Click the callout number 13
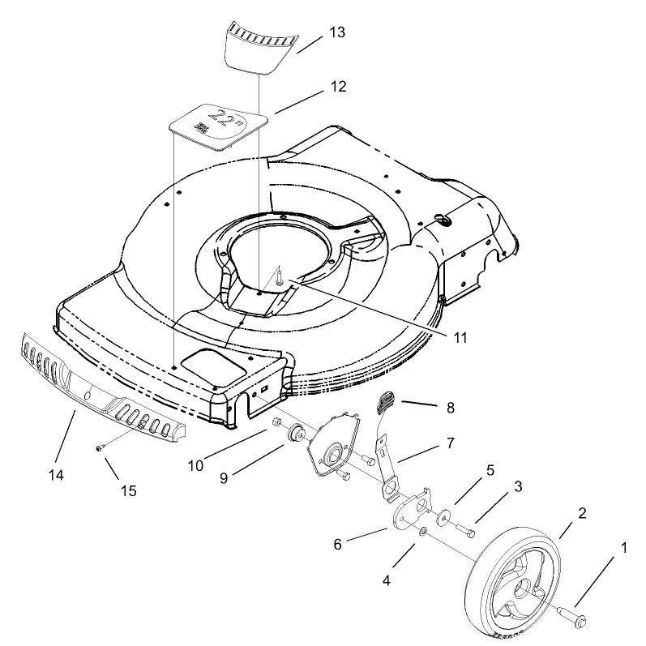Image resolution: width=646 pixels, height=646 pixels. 338,32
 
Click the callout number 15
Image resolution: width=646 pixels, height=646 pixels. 128,491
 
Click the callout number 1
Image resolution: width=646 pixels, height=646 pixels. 622,549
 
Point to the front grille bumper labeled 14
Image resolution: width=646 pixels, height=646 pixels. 97,387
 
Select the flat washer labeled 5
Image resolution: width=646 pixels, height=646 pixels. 445,516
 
